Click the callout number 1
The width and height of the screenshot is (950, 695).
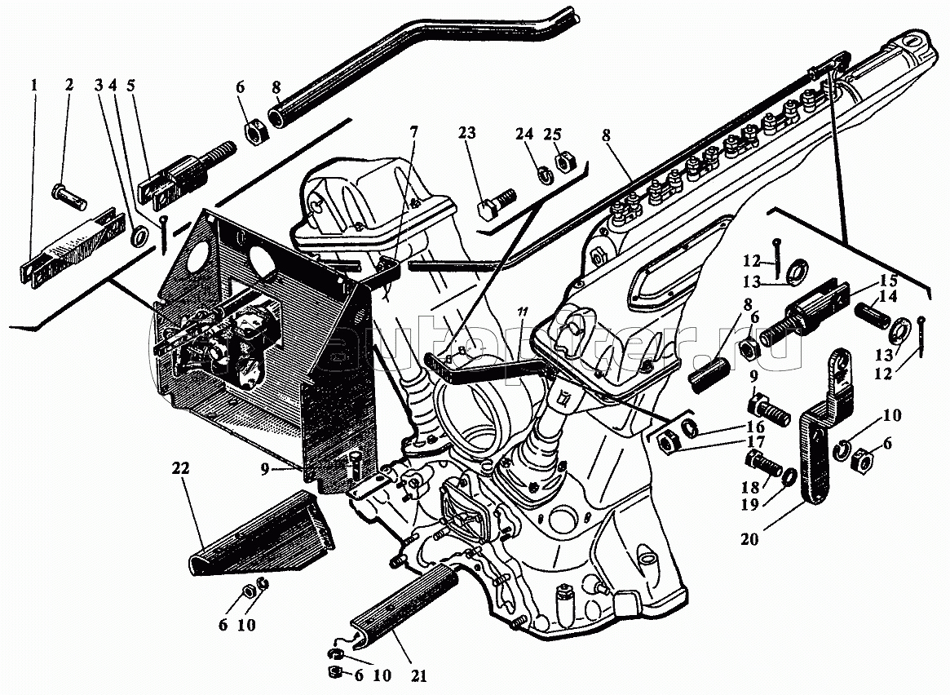click(x=34, y=85)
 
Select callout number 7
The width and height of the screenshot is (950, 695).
click(x=414, y=131)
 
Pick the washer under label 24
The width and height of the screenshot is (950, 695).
click(x=539, y=172)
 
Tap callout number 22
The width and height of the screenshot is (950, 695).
click(x=180, y=468)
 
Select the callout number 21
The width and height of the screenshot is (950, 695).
click(x=421, y=676)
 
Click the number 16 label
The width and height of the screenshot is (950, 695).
click(x=754, y=426)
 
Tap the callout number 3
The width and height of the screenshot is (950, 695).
click(x=99, y=85)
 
